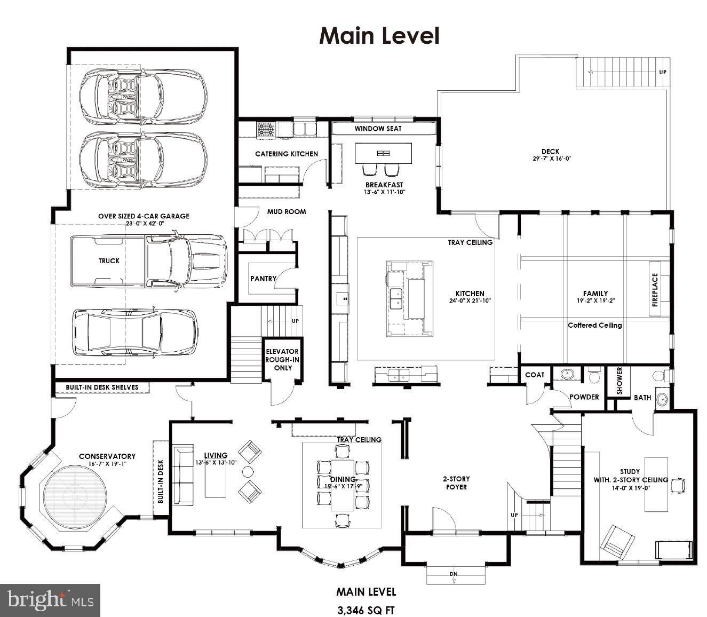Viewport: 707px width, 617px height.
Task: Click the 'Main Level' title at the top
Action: [x=379, y=36]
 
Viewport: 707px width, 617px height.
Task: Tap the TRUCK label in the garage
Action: [x=109, y=260]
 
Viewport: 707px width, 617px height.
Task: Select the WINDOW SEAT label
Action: [x=378, y=129]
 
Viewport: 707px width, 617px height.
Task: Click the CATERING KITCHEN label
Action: [x=287, y=154]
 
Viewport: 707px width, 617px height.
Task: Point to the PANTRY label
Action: [x=263, y=279]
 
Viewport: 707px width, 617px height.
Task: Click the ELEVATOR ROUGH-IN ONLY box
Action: [x=283, y=360]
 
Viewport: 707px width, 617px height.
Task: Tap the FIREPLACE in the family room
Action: [x=655, y=290]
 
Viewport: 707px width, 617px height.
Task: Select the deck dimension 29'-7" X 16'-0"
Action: [x=552, y=159]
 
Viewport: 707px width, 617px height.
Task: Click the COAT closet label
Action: [x=534, y=375]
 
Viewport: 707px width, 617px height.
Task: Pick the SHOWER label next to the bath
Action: [x=619, y=381]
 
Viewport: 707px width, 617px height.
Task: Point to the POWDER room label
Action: [x=584, y=397]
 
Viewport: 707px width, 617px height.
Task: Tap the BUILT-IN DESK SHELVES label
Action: [x=102, y=387]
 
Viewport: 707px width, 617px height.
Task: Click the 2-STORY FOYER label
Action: [x=456, y=483]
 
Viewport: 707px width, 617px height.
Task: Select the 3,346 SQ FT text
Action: [x=366, y=610]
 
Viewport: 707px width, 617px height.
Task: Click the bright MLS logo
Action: [x=50, y=600]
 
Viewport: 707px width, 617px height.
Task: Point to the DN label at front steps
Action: [x=454, y=574]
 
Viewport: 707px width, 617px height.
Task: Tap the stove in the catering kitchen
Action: [x=266, y=130]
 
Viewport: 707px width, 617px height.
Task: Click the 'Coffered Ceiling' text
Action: [x=594, y=325]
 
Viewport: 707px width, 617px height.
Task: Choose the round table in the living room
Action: [x=248, y=471]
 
